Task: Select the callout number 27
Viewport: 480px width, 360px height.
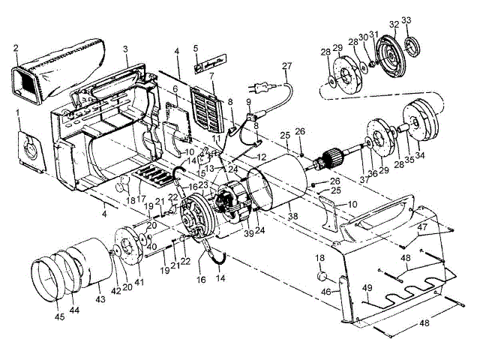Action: pos(286,67)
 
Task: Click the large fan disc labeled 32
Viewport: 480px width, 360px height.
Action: pos(393,51)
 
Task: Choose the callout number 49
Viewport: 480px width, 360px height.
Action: pos(367,287)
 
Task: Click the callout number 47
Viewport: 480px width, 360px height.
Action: pos(423,226)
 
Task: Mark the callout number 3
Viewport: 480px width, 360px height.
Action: pos(127,49)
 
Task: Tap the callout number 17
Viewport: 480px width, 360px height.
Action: pos(140,199)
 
